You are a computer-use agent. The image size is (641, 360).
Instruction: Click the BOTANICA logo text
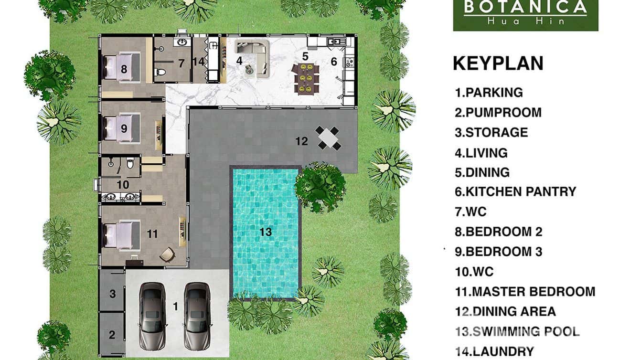(525, 7)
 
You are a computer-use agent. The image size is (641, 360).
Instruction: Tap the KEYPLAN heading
(498, 64)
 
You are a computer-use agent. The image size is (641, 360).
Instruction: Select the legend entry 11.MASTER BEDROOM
(525, 291)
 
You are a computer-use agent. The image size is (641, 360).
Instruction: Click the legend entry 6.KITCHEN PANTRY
(515, 191)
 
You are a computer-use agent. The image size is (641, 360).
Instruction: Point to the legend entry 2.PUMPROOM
(498, 113)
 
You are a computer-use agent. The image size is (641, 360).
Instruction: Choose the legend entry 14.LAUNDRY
(494, 351)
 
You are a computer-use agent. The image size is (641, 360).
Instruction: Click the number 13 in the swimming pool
(266, 232)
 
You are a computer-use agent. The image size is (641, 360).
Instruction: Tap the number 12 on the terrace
(301, 141)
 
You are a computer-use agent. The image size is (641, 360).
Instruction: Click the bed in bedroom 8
(121, 66)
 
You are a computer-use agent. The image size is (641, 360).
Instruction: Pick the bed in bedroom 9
(121, 127)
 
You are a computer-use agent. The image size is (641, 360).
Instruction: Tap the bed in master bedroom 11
(121, 234)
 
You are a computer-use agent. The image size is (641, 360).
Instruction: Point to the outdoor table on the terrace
(328, 138)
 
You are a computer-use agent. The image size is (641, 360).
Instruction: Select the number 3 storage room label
(112, 294)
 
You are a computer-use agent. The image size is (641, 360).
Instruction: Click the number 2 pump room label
(112, 335)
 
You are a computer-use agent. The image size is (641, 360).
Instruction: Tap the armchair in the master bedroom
(167, 255)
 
